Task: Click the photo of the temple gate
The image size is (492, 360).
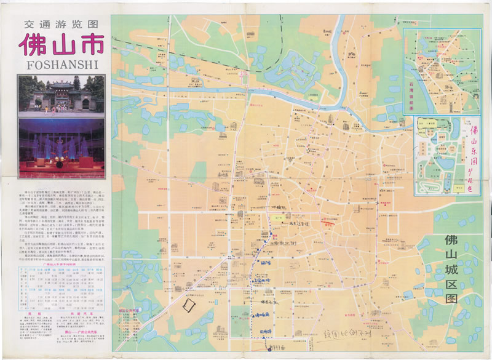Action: pyautogui.click(x=60, y=95)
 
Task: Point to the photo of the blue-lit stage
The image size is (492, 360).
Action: pyautogui.click(x=60, y=148)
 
